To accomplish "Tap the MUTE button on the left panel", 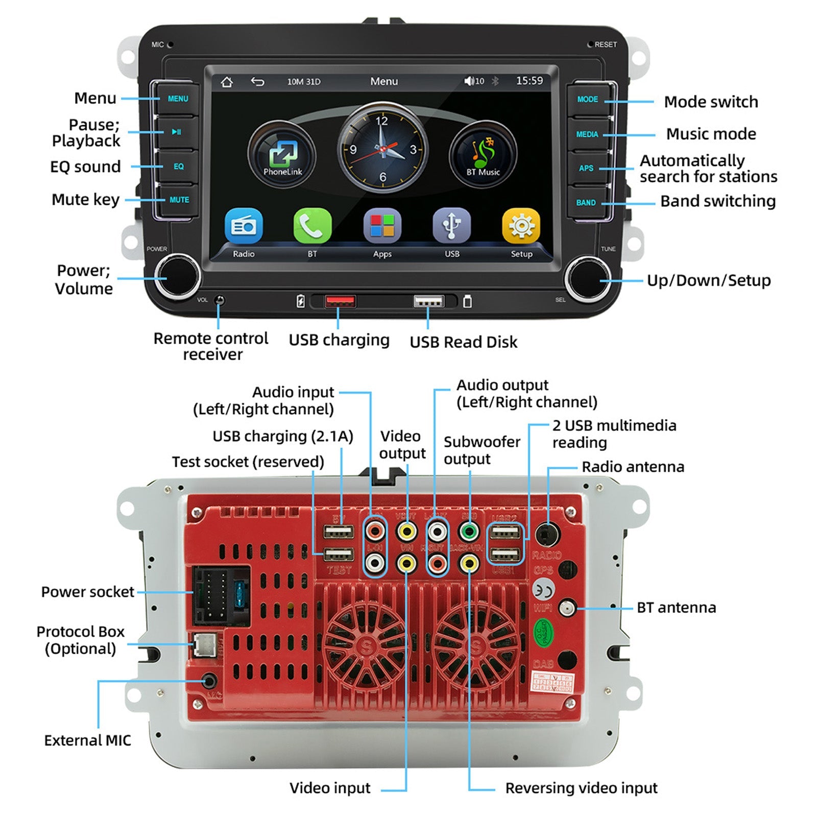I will [x=178, y=200].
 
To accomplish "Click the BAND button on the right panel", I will [x=586, y=203].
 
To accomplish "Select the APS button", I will [x=586, y=168].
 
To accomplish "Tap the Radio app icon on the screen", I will [x=244, y=226].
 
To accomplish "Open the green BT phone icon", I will [x=312, y=226].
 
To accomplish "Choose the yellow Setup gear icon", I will [x=521, y=226].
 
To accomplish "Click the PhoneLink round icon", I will [x=282, y=154].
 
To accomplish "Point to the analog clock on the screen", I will [x=382, y=148].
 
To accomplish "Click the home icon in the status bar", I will [x=227, y=82].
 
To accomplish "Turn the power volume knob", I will [x=178, y=277].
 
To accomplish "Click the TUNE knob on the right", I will [x=588, y=279].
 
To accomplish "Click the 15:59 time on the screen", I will [x=529, y=81].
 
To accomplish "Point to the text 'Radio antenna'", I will [x=633, y=467].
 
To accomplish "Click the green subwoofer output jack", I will [x=469, y=532].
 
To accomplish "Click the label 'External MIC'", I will [x=87, y=740].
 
